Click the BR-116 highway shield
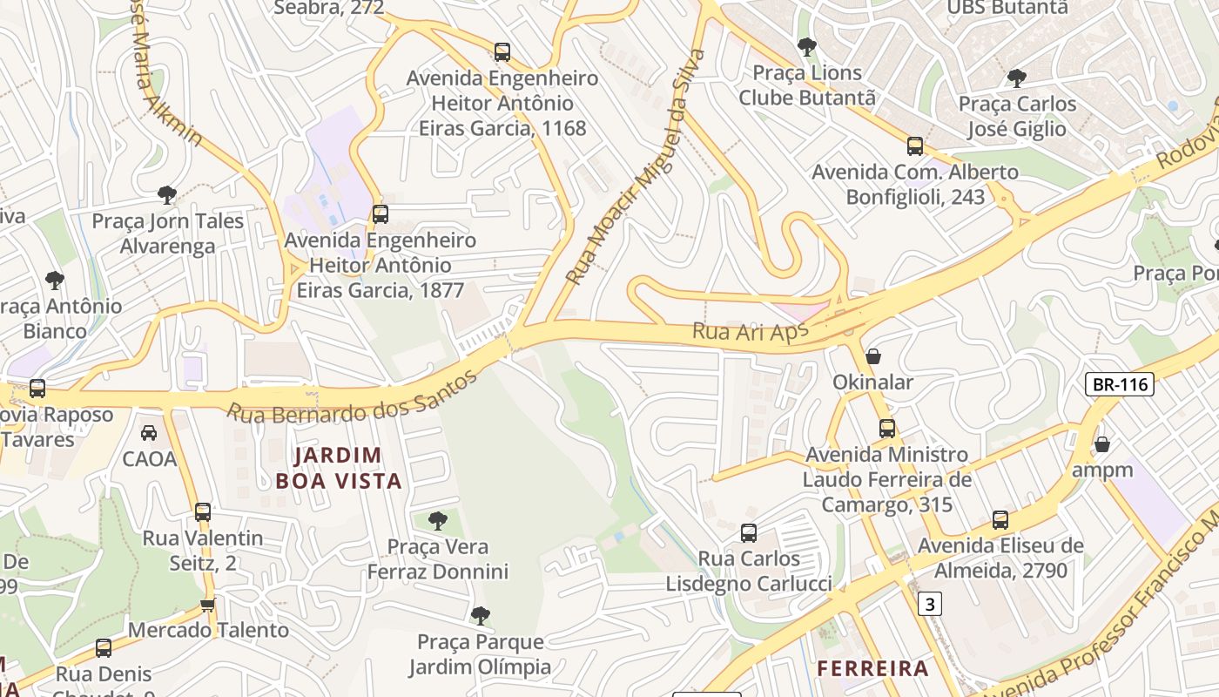coord(1120,384)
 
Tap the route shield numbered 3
coord(931,603)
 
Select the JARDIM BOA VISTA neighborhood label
coord(338,468)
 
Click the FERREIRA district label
coord(873,668)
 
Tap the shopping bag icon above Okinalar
coord(873,356)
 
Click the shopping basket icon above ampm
coord(1102,444)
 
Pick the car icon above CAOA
coord(149,432)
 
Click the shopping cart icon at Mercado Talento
coord(207,605)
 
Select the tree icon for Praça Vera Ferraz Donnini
coord(438,521)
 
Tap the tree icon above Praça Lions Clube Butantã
coord(807,46)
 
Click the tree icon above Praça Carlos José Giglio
coord(1016,78)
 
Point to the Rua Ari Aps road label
coord(750,332)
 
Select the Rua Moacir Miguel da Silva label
coord(636,167)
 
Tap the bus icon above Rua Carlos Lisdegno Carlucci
coord(749,533)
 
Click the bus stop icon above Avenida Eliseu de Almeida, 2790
coord(1000,521)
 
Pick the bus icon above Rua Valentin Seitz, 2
coord(203,512)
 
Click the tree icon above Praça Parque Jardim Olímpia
coord(480,616)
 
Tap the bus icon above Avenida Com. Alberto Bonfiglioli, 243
coord(915,146)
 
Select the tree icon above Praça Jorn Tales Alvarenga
coord(167,195)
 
